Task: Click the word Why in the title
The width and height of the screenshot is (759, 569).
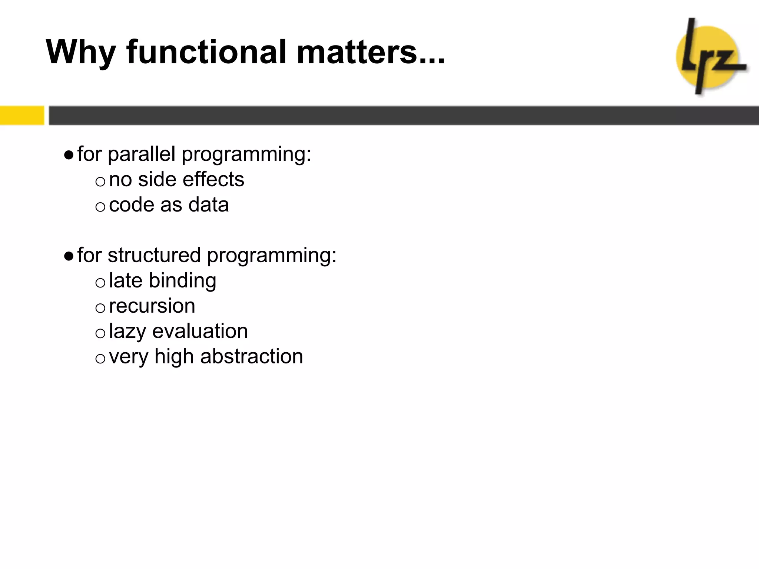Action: [81, 53]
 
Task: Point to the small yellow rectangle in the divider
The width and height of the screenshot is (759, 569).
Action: [22, 115]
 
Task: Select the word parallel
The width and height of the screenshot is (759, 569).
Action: [142, 154]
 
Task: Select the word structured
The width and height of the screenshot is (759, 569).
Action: [154, 256]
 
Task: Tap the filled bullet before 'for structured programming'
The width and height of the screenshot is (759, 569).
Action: [69, 256]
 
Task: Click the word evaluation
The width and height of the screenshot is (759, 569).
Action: [200, 331]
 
